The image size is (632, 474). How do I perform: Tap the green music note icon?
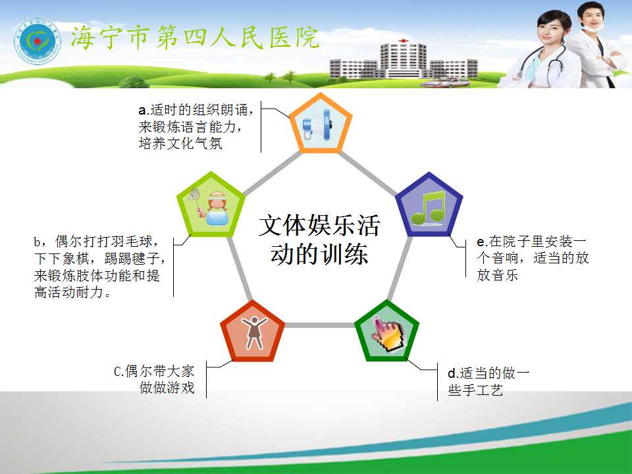428,208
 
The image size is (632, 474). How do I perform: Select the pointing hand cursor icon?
388,335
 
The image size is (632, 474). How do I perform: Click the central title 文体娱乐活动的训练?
319,240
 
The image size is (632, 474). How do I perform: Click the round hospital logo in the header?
37,41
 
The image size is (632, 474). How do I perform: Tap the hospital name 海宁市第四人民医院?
195,38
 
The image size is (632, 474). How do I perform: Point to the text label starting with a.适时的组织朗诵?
196,126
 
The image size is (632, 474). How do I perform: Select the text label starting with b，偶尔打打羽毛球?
99,267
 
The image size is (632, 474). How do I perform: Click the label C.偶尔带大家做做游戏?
154,379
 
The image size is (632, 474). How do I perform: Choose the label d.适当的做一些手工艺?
488,381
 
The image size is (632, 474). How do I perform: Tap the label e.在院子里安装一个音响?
533,258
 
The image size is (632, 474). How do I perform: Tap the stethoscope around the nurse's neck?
541,63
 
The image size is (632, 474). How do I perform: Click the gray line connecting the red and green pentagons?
320,325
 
